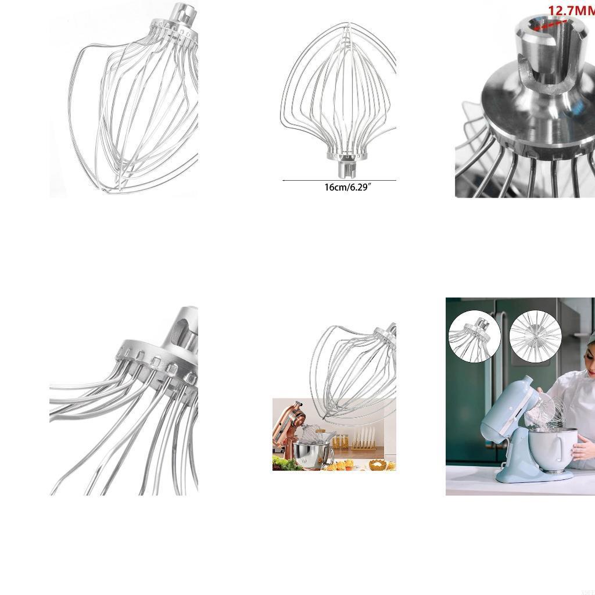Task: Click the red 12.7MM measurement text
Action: (571, 10)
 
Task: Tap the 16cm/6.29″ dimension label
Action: (347, 187)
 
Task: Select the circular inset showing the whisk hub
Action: (475, 336)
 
